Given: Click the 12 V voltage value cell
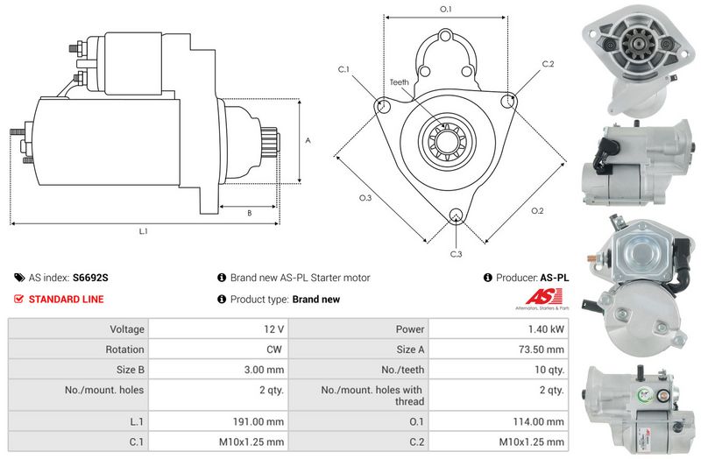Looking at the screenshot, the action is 273,329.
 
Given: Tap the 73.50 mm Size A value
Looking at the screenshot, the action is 542,350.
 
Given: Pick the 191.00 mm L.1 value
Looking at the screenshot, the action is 258,421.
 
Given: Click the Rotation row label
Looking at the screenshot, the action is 124,350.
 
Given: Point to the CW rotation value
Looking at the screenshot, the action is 274,350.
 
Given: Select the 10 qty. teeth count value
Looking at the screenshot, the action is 549,370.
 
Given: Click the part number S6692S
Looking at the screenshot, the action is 90,278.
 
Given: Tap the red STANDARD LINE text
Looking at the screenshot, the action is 67,300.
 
